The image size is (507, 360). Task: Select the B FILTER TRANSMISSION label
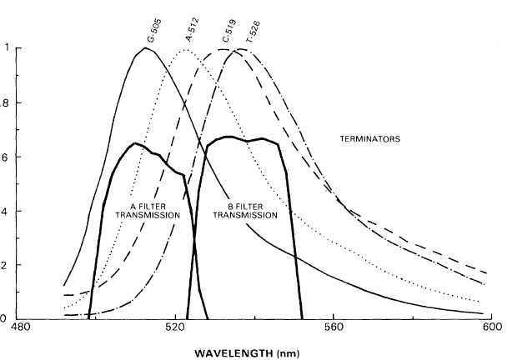tap(246, 209)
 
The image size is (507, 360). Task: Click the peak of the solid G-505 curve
tap(146, 47)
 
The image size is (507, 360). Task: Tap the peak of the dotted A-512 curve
tap(184, 49)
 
